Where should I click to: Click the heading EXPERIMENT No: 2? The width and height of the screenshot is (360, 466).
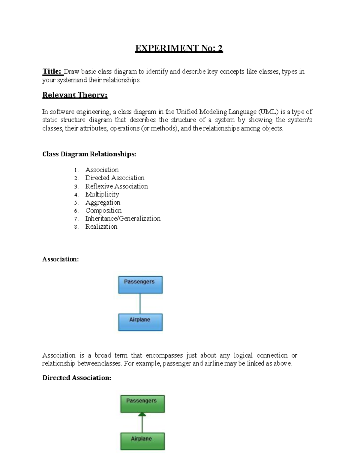[x=179, y=48]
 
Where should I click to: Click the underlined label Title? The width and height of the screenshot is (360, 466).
[x=52, y=71]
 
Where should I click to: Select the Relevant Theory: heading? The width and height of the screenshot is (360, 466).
[x=75, y=95]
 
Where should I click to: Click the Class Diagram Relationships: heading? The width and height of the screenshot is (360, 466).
[x=89, y=154]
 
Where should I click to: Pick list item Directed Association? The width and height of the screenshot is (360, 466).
[x=115, y=178]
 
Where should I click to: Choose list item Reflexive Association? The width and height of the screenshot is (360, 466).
[x=116, y=186]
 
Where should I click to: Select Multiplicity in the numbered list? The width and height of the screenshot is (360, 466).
[x=102, y=194]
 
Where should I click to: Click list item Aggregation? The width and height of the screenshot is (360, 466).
[x=103, y=203]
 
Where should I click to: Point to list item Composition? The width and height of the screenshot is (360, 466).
[x=103, y=211]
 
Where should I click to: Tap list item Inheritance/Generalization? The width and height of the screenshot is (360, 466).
[x=123, y=218]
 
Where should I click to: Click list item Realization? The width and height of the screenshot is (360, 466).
[x=101, y=227]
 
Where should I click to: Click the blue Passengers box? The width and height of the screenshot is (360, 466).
[x=140, y=284]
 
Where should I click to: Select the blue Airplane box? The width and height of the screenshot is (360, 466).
[x=140, y=322]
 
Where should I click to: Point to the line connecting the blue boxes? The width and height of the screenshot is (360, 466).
[x=140, y=303]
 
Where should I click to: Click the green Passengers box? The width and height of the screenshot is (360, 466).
[x=142, y=403]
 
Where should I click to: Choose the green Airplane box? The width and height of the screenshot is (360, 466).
[x=142, y=441]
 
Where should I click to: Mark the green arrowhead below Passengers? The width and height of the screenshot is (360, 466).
[x=142, y=414]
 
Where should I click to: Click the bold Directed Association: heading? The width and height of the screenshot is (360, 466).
[x=76, y=378]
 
